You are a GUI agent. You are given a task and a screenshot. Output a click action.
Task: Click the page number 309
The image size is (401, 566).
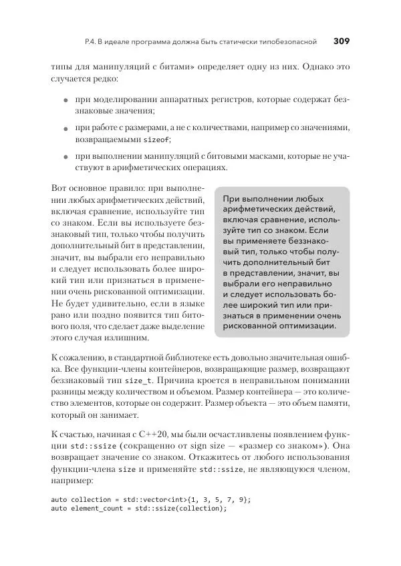[341, 41]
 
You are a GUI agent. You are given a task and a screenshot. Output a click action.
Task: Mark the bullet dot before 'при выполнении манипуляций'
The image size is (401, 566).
[65, 156]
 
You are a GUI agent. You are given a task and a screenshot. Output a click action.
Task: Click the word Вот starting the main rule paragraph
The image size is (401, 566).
[60, 189]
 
